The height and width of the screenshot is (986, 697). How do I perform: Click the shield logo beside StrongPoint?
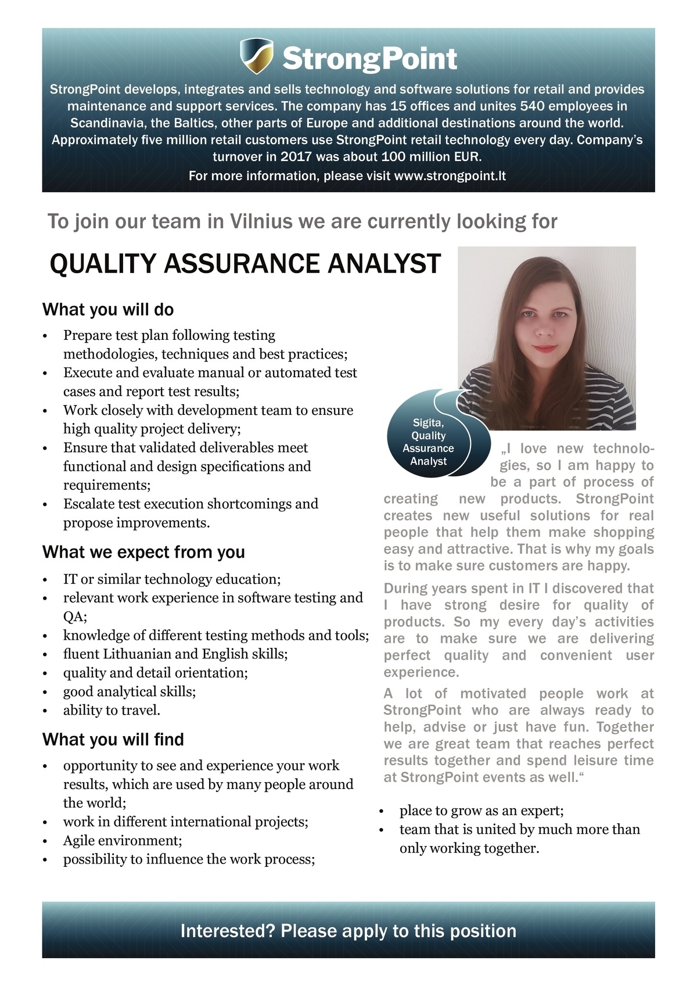click(x=256, y=56)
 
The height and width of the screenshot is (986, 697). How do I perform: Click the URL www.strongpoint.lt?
click(x=450, y=176)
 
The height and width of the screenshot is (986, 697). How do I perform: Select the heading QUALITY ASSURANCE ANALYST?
click(x=245, y=264)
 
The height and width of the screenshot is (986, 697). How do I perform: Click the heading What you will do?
click(x=108, y=310)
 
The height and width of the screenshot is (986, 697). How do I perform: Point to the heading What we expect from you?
click(x=143, y=552)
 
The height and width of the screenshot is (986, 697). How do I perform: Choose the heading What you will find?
click(x=113, y=740)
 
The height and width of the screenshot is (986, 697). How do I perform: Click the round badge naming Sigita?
click(x=429, y=442)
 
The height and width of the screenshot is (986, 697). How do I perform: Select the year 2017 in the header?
click(x=297, y=157)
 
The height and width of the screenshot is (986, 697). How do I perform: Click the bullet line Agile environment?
click(x=123, y=841)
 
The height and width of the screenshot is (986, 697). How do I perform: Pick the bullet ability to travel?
click(x=112, y=710)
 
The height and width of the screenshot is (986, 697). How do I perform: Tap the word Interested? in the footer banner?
click(x=228, y=931)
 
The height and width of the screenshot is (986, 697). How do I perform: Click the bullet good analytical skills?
click(x=130, y=691)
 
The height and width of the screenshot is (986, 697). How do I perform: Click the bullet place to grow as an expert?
click(x=482, y=811)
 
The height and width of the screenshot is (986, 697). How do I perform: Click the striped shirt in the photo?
click(x=604, y=401)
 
